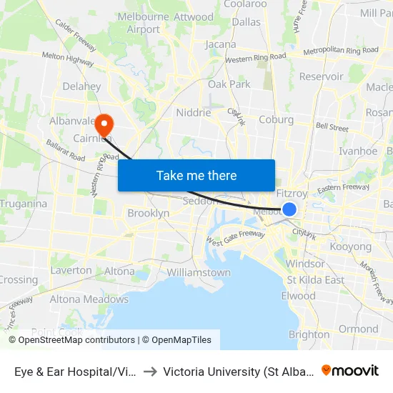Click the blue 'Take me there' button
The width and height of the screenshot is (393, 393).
click(x=196, y=175)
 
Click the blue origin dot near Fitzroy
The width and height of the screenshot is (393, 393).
click(x=289, y=209)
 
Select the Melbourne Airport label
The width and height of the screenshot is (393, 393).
click(x=144, y=24)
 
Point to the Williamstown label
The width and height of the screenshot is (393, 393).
click(x=199, y=272)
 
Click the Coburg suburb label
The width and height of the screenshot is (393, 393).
click(x=277, y=119)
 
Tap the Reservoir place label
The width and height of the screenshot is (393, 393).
click(x=322, y=76)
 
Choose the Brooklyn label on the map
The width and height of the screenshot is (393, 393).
click(x=148, y=213)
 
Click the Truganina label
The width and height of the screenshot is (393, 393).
click(x=24, y=204)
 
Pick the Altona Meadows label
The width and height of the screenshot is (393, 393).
click(x=89, y=299)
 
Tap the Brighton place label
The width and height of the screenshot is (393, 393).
click(x=309, y=334)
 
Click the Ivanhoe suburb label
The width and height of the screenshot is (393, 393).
click(x=358, y=151)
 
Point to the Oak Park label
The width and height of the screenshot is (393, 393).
click(x=229, y=84)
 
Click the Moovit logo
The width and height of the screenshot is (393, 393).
click(x=350, y=371)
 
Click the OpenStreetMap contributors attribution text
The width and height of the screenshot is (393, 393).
click(x=76, y=340)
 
